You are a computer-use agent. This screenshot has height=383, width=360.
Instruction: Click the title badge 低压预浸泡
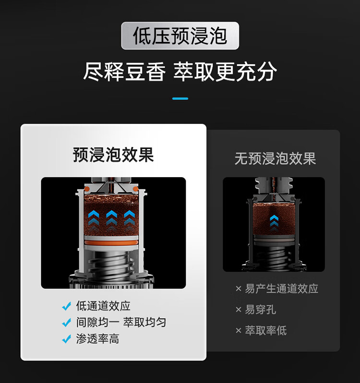[x=180, y=36]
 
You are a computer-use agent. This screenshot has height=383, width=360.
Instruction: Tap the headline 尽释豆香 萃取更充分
[x=180, y=72]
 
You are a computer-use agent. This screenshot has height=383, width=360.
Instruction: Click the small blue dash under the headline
[x=180, y=99]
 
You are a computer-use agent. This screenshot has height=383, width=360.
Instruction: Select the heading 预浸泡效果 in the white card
[x=113, y=155]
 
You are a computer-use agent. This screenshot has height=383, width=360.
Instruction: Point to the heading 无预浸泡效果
[x=275, y=158]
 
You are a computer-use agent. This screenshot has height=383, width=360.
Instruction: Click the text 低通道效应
[x=103, y=306]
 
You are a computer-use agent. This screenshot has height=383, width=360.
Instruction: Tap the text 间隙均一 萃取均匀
[x=121, y=322]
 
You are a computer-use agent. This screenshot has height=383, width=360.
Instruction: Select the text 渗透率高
[x=97, y=339]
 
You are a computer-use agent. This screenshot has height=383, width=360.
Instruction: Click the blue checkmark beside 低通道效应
[x=66, y=306]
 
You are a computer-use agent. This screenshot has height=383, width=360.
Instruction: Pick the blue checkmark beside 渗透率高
[x=66, y=339]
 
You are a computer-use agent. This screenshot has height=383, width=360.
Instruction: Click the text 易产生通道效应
[x=281, y=289]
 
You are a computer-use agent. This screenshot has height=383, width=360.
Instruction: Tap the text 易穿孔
[x=260, y=310]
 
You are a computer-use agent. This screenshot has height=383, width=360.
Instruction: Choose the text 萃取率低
[x=266, y=331]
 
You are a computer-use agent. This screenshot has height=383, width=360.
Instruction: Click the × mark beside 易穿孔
[x=239, y=310]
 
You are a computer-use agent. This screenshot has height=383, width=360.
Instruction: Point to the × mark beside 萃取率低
[x=239, y=331]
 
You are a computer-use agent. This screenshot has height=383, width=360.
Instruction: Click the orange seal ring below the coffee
[x=111, y=243]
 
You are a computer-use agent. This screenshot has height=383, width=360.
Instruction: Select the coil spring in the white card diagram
[x=111, y=265]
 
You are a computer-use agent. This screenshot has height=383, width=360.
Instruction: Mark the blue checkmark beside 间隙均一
[x=66, y=323]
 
